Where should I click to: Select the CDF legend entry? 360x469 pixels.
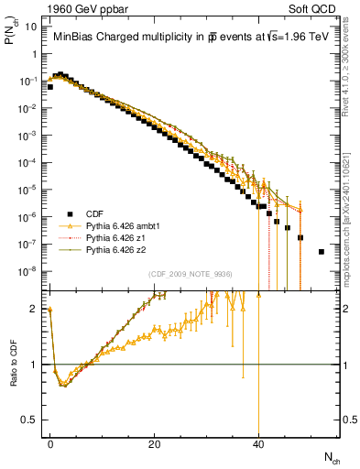click(87, 215)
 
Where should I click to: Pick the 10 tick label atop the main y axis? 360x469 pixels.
click(32, 27)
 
